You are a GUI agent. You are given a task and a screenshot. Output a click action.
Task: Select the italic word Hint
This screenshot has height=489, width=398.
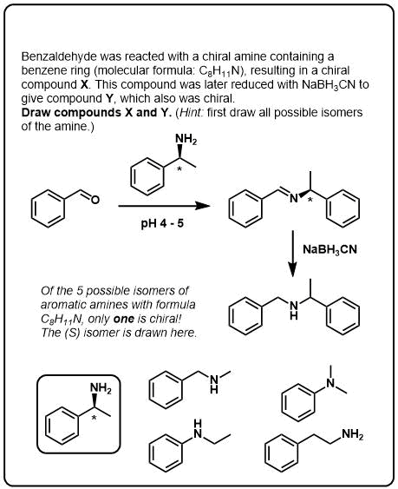(191, 112)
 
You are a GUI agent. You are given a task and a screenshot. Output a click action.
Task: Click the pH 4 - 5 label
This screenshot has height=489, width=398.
(162, 223)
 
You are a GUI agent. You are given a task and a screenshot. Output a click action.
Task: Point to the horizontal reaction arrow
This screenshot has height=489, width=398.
(164, 206)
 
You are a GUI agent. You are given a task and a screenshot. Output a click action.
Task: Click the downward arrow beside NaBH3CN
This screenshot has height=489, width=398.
(292, 254)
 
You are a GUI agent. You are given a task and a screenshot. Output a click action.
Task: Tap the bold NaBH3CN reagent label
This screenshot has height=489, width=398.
(329, 249)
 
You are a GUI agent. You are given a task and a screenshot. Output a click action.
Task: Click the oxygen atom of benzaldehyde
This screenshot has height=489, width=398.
(95, 200)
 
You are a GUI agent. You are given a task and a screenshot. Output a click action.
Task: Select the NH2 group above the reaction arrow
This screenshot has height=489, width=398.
(186, 139)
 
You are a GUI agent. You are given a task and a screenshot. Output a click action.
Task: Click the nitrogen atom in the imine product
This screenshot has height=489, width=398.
(293, 198)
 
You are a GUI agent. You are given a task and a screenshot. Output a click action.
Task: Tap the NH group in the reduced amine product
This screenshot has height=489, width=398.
(293, 311)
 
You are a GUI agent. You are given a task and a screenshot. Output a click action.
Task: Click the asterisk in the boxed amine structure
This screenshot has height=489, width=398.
(94, 418)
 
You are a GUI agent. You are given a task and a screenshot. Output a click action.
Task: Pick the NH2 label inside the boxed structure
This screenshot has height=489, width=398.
(101, 389)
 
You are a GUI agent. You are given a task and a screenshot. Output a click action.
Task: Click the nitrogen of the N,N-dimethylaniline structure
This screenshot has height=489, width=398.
(330, 383)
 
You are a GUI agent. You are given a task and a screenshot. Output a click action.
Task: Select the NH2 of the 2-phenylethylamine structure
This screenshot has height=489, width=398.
(352, 433)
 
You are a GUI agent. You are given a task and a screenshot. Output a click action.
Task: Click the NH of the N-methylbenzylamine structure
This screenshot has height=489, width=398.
(214, 384)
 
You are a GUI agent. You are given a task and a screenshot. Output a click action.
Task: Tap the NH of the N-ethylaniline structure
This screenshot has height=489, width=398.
(198, 428)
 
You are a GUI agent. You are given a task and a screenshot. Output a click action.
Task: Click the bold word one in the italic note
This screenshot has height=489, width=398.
(124, 319)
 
